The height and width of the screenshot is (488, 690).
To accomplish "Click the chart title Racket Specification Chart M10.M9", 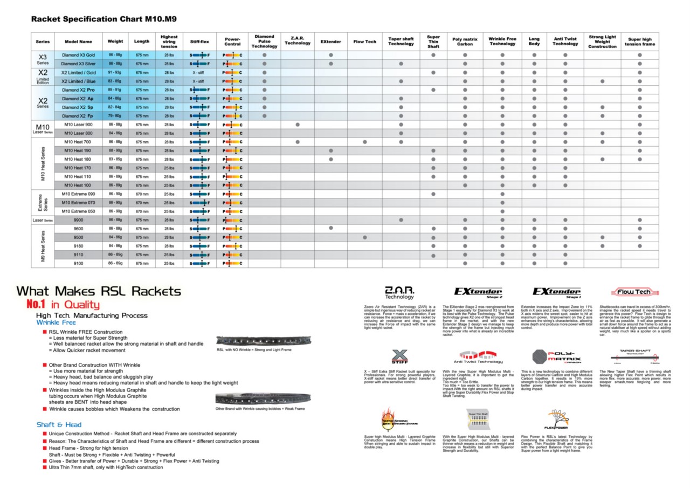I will (104, 19).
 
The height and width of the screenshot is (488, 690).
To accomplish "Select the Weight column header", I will (115, 42).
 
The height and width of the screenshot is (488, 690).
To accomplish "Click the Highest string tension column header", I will (169, 42).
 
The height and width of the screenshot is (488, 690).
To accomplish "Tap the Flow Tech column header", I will (365, 42).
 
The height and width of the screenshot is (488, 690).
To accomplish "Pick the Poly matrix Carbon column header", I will (465, 42).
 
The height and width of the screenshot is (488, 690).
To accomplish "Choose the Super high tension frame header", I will (640, 42).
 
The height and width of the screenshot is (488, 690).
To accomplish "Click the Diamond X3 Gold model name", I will (78, 55).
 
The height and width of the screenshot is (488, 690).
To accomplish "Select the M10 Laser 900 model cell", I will (78, 125).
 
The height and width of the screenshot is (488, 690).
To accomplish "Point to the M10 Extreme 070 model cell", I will (78, 202).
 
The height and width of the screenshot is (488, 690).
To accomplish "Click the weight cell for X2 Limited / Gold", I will (115, 72).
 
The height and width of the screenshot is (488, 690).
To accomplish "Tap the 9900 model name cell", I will (78, 219).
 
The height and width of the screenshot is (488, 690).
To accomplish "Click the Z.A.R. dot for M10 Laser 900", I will (298, 125).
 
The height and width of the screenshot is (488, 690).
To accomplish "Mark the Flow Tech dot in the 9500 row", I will (365, 237).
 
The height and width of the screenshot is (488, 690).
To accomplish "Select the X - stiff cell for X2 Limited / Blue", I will (198, 81).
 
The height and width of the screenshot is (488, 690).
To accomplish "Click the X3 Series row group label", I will (43, 59).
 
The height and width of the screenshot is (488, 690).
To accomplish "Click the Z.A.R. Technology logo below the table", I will (399, 292).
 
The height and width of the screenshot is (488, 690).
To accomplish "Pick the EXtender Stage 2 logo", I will (478, 292).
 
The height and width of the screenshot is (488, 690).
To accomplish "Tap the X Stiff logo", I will (399, 357).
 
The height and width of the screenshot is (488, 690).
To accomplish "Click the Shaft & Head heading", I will (59, 424).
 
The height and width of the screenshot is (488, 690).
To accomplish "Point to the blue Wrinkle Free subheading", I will (56, 322).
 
